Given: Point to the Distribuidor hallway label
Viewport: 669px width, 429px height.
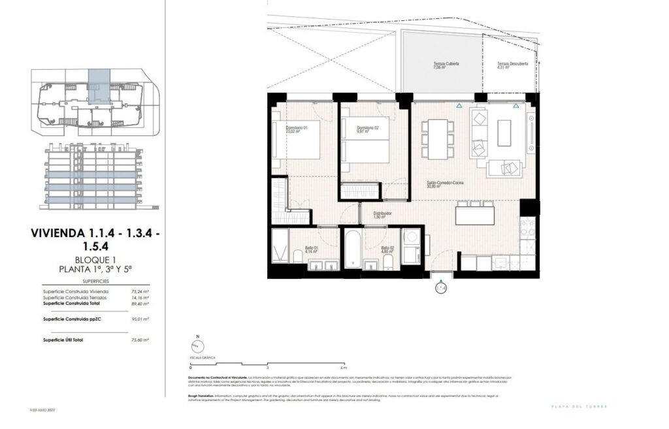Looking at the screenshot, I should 382,214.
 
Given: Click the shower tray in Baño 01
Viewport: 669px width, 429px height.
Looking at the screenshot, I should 280,246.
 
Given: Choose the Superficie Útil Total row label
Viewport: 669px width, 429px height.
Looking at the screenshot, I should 63,340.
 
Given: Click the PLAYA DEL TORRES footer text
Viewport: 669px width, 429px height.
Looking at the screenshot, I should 579,407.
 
